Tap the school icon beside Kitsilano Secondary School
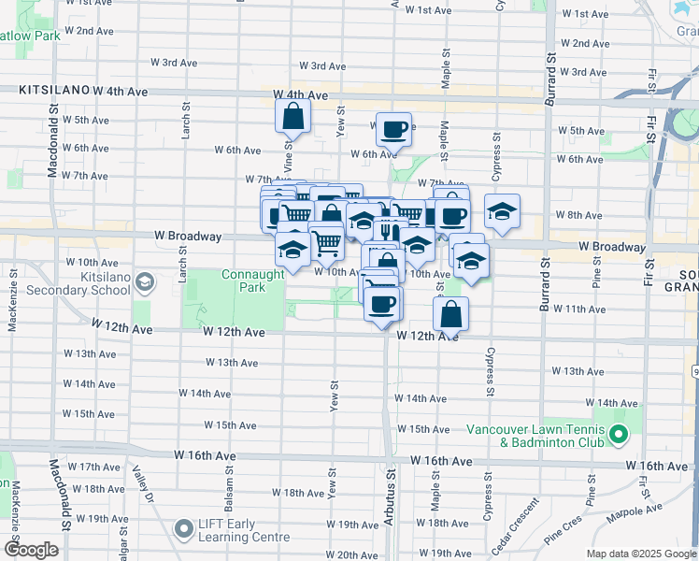[145, 280]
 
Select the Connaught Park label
[252, 280]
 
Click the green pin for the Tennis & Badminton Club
[618, 435]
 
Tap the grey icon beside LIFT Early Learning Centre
[183, 530]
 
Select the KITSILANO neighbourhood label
[54, 91]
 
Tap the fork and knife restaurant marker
[387, 230]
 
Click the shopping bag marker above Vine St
[292, 117]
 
